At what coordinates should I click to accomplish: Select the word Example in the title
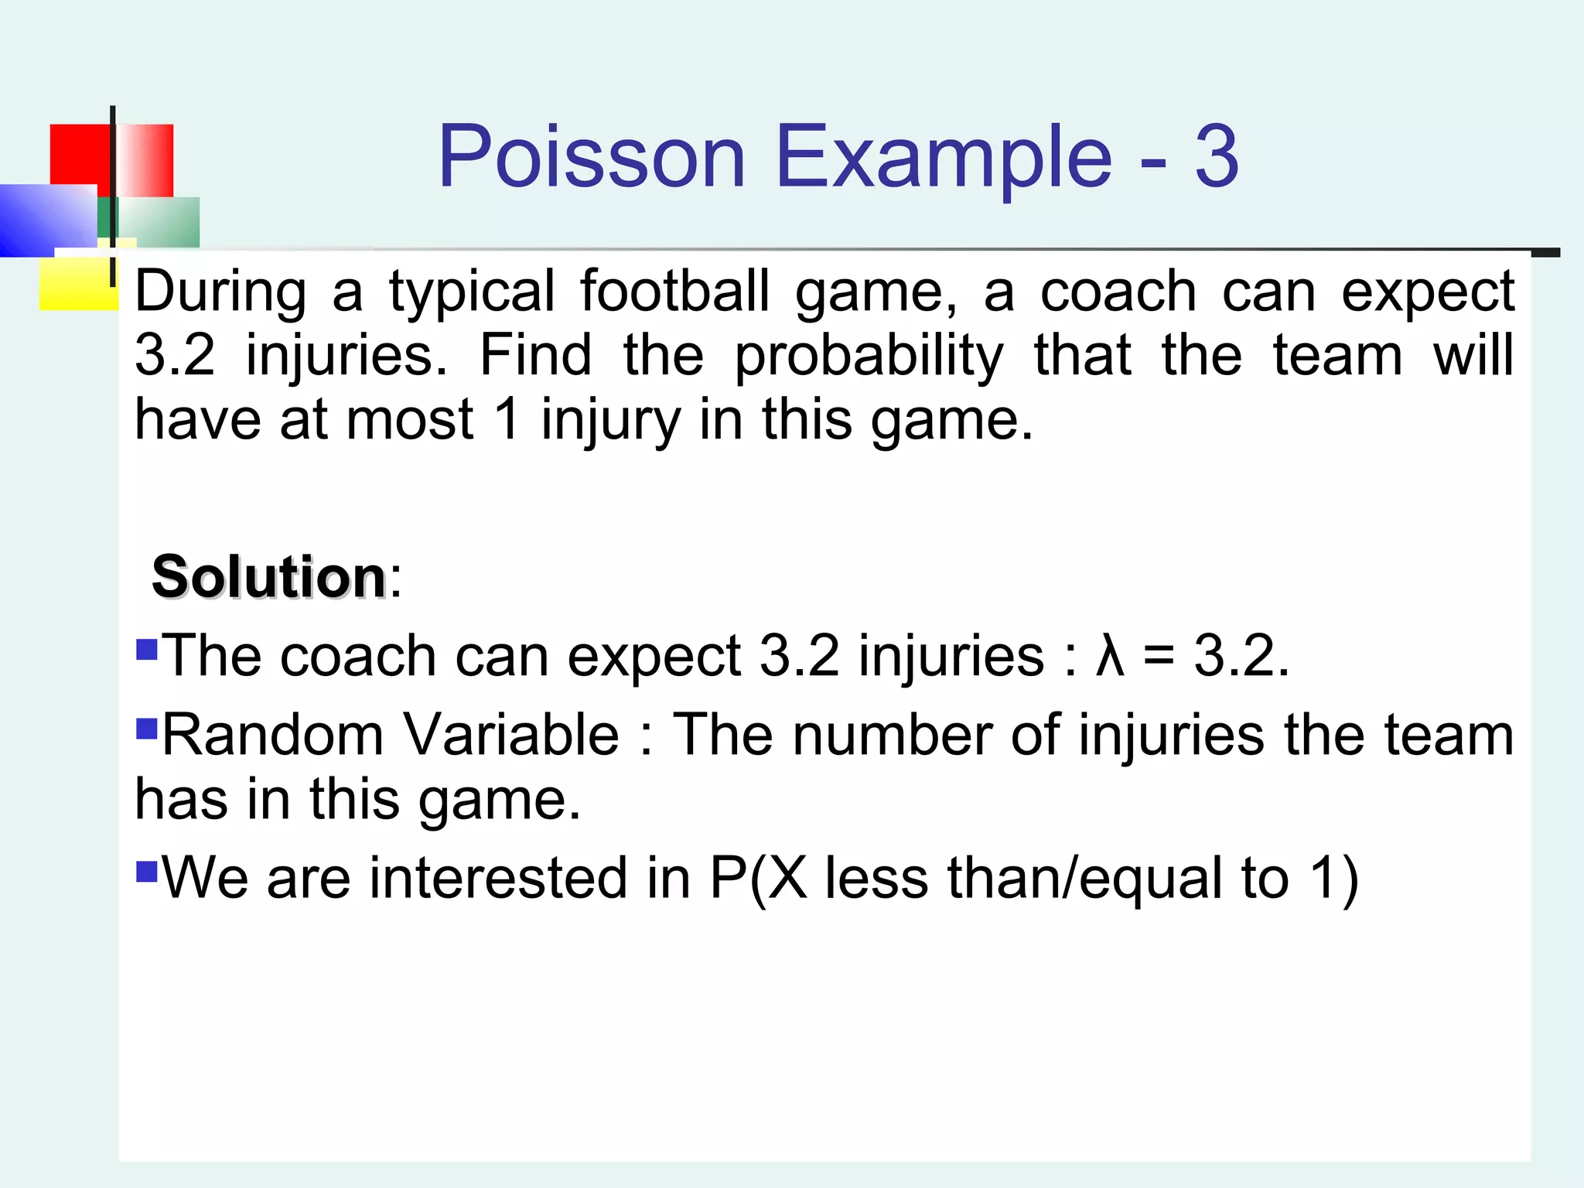click(943, 159)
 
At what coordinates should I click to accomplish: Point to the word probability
click(868, 357)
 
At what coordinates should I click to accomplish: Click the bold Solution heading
click(268, 577)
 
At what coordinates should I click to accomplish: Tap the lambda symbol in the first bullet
click(1110, 656)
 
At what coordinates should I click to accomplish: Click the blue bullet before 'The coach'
click(146, 647)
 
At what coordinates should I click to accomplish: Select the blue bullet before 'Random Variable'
click(146, 728)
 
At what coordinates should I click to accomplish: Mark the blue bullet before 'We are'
click(146, 871)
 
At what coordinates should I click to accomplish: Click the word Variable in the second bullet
click(511, 735)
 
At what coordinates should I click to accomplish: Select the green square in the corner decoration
click(159, 221)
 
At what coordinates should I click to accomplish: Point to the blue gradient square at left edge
click(46, 220)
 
